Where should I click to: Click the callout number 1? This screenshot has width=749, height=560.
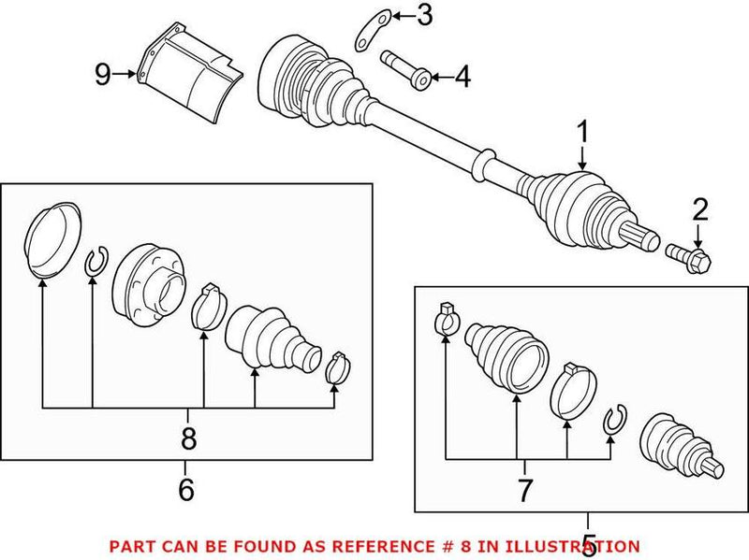pos(582,135)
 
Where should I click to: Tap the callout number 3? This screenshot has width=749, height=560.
pos(424,15)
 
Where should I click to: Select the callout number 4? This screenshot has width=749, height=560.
pos(462,78)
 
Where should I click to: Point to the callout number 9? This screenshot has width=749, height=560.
pos(102,74)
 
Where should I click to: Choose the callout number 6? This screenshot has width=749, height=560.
pos(185,488)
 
